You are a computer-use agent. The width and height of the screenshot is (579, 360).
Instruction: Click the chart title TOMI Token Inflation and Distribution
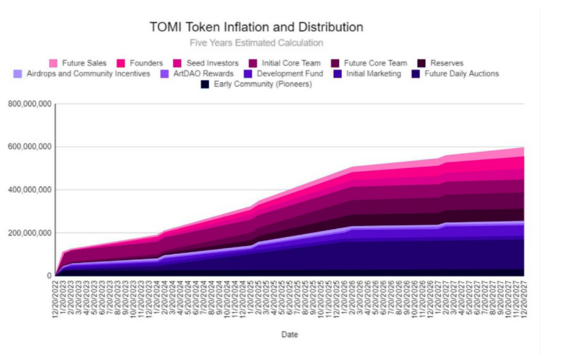point(256,27)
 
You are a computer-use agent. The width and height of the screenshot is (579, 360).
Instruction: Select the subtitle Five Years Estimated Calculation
point(256,43)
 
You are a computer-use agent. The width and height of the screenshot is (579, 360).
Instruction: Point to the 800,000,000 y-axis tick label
point(29,104)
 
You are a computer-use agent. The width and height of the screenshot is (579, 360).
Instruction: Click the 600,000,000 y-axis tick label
point(29,147)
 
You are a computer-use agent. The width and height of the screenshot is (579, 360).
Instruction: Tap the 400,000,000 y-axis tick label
point(29,190)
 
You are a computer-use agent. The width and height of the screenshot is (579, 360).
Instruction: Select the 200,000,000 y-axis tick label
point(29,233)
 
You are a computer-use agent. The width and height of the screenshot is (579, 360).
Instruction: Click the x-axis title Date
point(289,334)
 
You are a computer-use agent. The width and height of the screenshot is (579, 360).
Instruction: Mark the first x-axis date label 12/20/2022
point(56,297)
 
